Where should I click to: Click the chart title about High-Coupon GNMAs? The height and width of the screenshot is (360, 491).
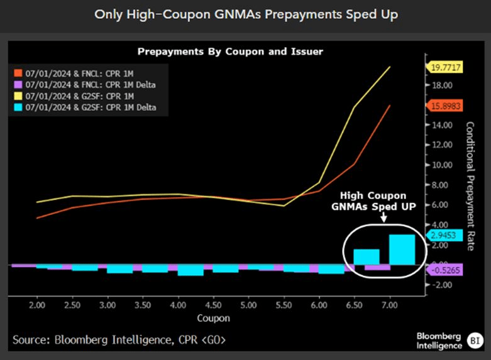[245, 14]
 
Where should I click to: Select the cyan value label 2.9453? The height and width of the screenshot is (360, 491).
[444, 236]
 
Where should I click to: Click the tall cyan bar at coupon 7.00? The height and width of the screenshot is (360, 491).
[402, 249]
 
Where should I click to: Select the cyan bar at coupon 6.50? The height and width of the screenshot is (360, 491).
[367, 257]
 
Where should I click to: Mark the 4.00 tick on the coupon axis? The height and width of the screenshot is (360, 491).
[179, 305]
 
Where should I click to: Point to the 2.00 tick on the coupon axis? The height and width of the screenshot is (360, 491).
[37, 305]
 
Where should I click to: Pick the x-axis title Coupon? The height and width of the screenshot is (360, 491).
[214, 318]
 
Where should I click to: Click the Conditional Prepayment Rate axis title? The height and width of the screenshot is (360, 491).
[470, 186]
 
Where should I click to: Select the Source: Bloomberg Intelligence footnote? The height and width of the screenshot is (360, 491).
[119, 340]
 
